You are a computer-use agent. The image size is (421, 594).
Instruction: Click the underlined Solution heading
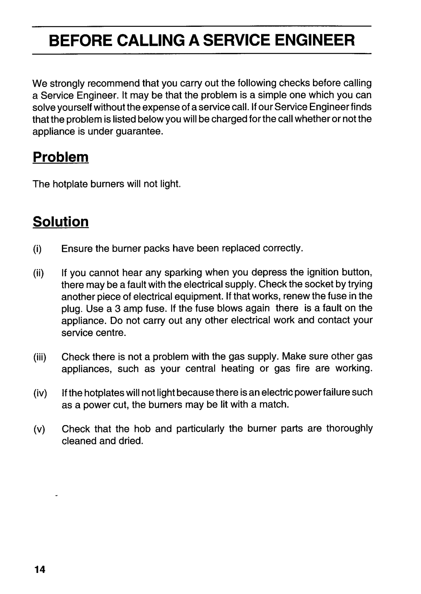point(61,221)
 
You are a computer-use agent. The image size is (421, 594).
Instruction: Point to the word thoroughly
point(349,429)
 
